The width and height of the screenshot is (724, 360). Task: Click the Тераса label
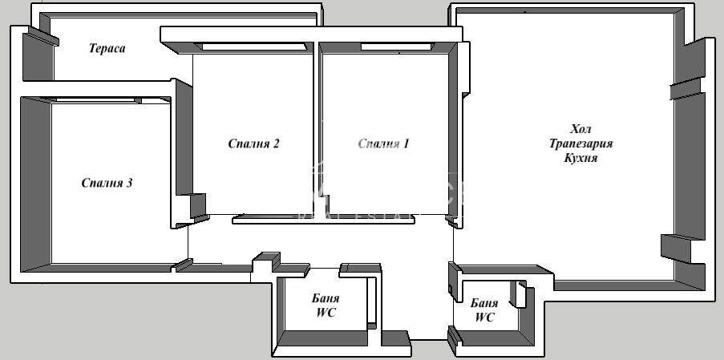(x=107, y=48)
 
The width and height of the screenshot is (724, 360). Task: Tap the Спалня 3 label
(x=107, y=183)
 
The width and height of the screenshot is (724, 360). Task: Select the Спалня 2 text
(x=253, y=144)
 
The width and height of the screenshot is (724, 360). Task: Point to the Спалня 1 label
(x=383, y=144)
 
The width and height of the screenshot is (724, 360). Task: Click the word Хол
(x=580, y=128)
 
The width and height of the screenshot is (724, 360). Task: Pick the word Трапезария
(x=580, y=143)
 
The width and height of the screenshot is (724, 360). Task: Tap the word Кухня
(x=580, y=158)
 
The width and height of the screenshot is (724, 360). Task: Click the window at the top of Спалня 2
(x=253, y=47)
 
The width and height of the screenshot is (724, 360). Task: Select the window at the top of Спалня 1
(x=396, y=47)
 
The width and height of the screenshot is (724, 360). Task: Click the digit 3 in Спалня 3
(x=129, y=183)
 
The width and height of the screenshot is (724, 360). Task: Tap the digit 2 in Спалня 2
(x=275, y=144)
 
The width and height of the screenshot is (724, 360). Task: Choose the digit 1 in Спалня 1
(x=406, y=144)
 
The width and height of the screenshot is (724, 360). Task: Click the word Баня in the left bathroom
(x=326, y=297)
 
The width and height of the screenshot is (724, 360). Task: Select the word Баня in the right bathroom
(x=484, y=303)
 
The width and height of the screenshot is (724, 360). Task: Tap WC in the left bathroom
(x=326, y=313)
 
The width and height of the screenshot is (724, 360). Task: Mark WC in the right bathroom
(x=484, y=318)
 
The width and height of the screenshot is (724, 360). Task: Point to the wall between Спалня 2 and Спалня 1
(x=318, y=128)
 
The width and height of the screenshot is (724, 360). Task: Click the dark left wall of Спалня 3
(x=35, y=184)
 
